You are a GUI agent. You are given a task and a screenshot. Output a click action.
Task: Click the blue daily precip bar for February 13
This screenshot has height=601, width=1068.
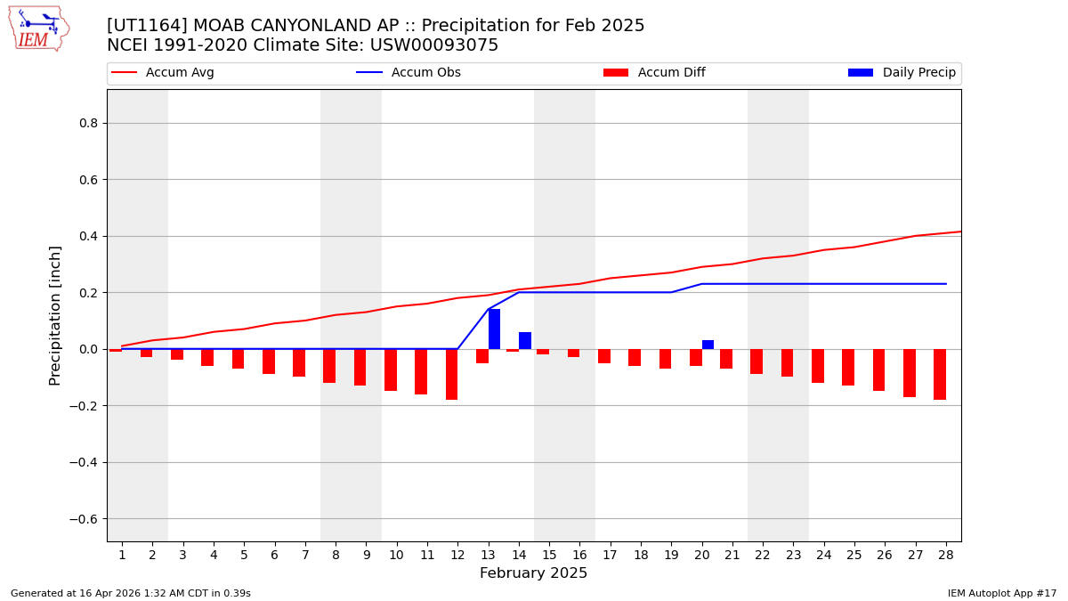click(x=494, y=329)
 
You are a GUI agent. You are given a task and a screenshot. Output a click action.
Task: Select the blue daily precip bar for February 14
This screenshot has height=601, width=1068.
click(x=525, y=341)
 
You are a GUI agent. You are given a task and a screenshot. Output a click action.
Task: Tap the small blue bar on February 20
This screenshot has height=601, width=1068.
click(x=708, y=345)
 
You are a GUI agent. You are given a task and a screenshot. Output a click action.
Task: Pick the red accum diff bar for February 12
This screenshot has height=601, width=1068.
click(x=451, y=374)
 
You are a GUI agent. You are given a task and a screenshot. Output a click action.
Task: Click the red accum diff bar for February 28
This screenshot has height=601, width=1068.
click(x=939, y=374)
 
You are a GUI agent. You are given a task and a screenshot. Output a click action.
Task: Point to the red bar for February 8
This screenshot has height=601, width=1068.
click(x=329, y=366)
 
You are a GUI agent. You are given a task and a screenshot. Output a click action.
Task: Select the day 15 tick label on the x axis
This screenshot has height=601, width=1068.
click(x=549, y=555)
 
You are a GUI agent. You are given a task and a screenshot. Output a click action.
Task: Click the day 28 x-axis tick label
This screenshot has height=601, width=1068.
click(x=945, y=555)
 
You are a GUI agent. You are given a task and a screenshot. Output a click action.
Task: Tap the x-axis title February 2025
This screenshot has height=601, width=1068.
click(x=533, y=573)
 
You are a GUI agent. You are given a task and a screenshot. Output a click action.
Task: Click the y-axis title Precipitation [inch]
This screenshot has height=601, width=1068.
click(x=55, y=315)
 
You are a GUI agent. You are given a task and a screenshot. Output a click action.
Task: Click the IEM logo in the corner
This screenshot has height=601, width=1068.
click(x=38, y=28)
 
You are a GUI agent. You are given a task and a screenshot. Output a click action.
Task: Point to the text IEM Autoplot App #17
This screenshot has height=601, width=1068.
click(x=1002, y=593)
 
